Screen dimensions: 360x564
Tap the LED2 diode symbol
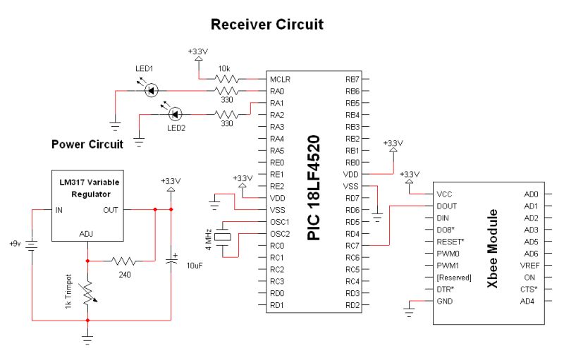tap(176, 113)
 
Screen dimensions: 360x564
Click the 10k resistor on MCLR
tap(227, 79)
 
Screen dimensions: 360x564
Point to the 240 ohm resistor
tap(124, 261)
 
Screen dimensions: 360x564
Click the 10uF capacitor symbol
tap(170, 260)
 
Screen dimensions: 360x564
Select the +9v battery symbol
tap(32, 244)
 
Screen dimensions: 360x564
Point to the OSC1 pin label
tap(281, 222)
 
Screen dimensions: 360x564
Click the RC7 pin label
tap(352, 246)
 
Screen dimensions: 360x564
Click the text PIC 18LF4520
tap(315, 187)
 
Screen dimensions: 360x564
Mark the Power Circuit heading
tap(87, 144)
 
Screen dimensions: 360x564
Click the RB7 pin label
tap(352, 79)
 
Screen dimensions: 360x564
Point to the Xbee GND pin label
tap(446, 301)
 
